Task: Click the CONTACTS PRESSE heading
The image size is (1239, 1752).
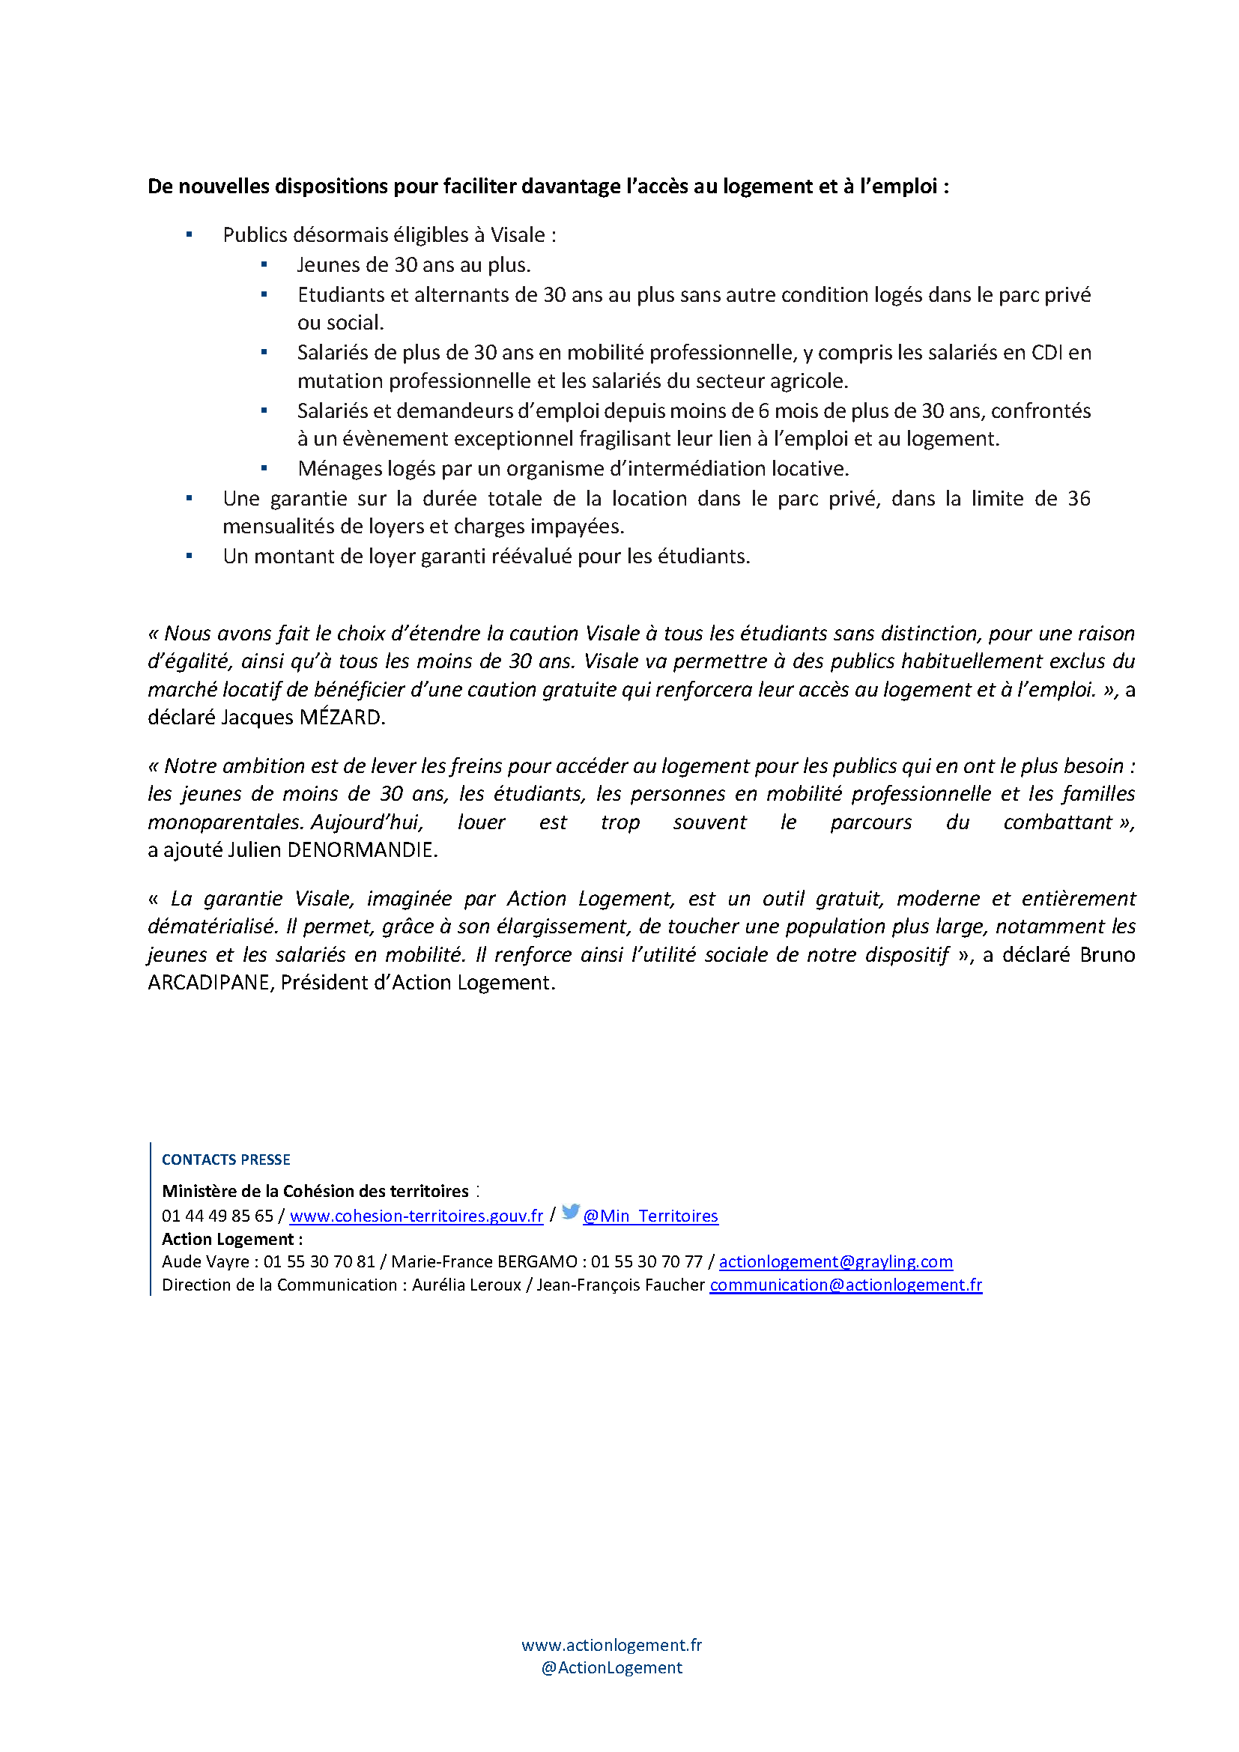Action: pyautogui.click(x=225, y=1160)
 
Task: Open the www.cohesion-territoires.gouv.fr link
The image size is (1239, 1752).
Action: pyautogui.click(x=416, y=1216)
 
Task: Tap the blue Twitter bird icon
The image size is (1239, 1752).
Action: pyautogui.click(x=571, y=1213)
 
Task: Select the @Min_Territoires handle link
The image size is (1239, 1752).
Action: pyautogui.click(x=650, y=1216)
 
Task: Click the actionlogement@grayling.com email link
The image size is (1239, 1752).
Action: pyautogui.click(x=835, y=1262)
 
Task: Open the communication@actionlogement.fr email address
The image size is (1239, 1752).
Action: pyautogui.click(x=845, y=1285)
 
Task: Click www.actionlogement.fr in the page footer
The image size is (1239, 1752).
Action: pyautogui.click(x=611, y=1645)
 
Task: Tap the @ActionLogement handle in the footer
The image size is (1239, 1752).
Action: pyautogui.click(x=611, y=1668)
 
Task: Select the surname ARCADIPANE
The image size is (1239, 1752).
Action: pyautogui.click(x=210, y=983)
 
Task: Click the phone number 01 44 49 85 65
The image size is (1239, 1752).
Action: pyautogui.click(x=217, y=1216)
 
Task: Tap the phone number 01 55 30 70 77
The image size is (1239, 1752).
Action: pyautogui.click(x=646, y=1262)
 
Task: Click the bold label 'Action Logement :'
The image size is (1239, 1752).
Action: pyautogui.click(x=232, y=1239)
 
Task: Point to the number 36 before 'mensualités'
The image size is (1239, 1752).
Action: pyautogui.click(x=1079, y=499)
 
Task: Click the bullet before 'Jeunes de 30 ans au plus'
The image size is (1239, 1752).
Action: pyautogui.click(x=264, y=264)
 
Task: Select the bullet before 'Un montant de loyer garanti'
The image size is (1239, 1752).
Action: pyautogui.click(x=190, y=557)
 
